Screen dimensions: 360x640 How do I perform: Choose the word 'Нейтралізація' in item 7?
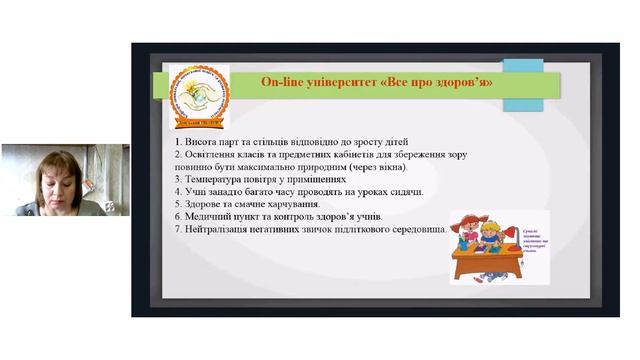[x=215, y=229]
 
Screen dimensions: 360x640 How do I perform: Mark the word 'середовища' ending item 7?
[x=413, y=229]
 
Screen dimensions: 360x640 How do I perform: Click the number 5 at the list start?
[x=175, y=203]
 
